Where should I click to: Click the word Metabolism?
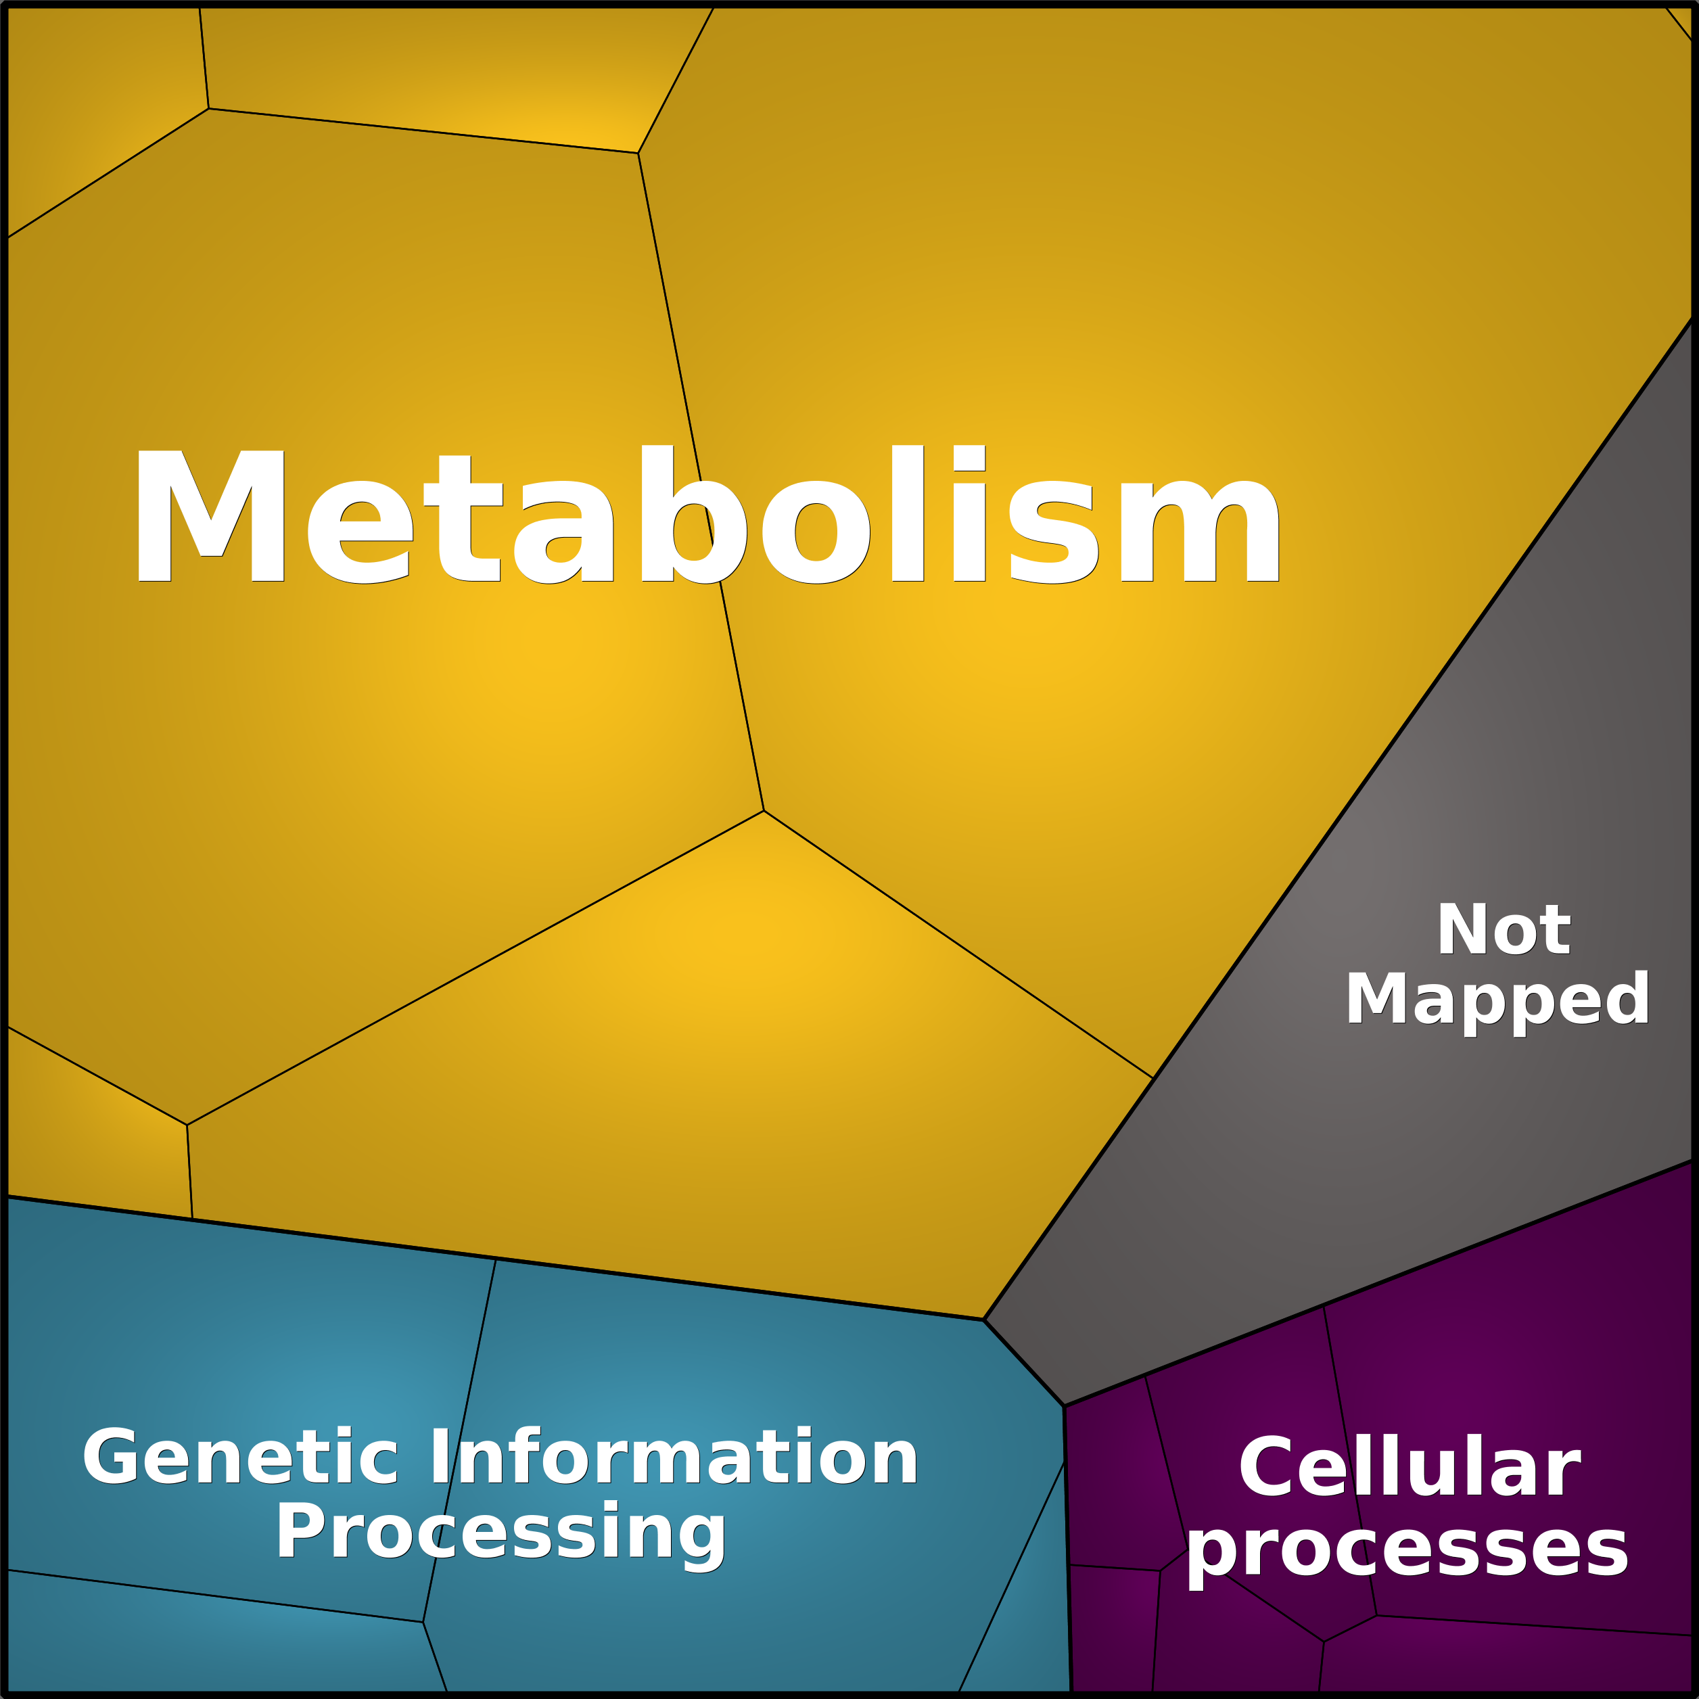[708, 515]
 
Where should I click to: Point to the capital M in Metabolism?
[211, 516]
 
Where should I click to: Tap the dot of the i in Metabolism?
[969, 457]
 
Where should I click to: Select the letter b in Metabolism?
[694, 515]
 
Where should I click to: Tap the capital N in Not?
[1462, 929]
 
